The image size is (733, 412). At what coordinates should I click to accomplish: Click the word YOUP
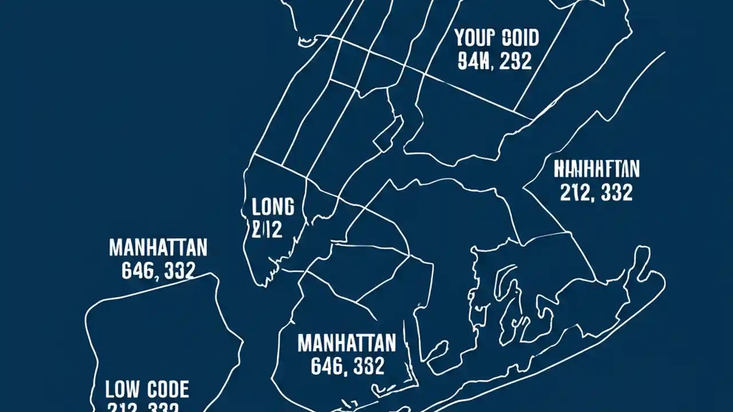point(474,38)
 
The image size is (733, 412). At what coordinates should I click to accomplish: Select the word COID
point(519,38)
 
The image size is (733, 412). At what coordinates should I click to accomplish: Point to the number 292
point(515,60)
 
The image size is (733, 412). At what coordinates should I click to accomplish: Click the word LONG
point(273,207)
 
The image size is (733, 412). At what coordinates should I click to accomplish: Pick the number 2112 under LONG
point(267,229)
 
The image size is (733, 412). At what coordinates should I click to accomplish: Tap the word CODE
point(168,390)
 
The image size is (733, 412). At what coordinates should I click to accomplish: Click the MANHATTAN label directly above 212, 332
point(597,169)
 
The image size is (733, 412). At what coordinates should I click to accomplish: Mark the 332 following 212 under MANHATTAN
point(617,192)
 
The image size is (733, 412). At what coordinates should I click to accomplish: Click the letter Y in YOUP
point(460,38)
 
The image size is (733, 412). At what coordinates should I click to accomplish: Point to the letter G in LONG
point(288,207)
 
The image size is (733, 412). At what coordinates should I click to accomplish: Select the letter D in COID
point(533,38)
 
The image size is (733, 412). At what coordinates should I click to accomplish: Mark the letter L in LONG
point(256,207)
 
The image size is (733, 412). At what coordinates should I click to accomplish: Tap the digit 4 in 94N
point(474,60)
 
